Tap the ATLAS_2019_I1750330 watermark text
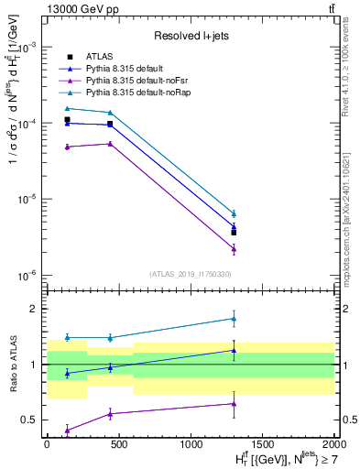[x=190, y=274]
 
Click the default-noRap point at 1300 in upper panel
[x=234, y=213]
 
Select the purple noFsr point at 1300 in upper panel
[x=234, y=248]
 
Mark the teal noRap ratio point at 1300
[x=234, y=319]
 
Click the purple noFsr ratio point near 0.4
[x=68, y=430]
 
